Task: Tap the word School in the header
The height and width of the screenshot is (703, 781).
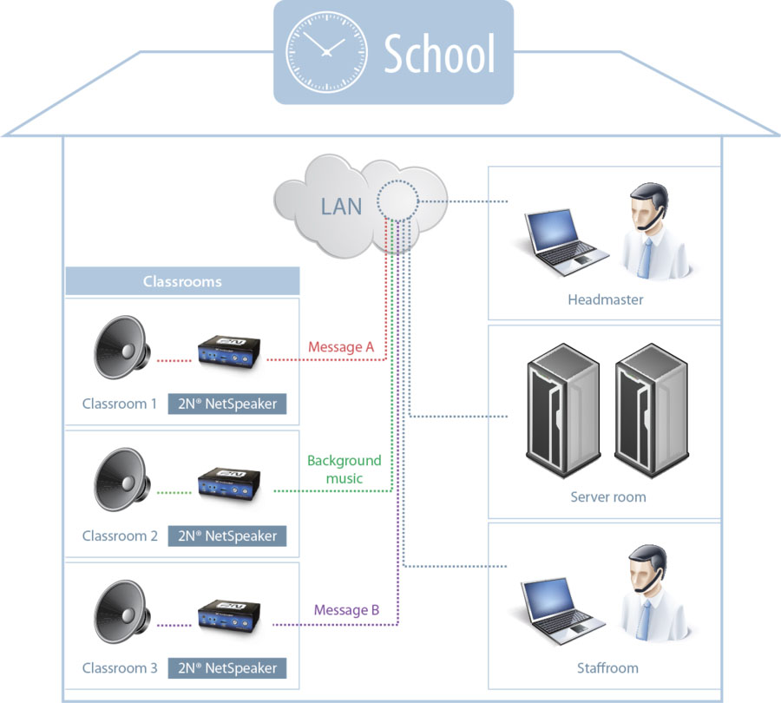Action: [439, 54]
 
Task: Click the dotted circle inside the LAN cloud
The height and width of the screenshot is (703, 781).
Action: [397, 200]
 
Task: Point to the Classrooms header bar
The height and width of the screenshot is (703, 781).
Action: [182, 282]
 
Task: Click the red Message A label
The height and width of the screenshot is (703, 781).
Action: [341, 347]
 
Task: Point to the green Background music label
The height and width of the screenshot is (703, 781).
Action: [345, 470]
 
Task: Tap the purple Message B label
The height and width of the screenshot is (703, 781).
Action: [346, 610]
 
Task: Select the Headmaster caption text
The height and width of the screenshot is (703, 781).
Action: [605, 300]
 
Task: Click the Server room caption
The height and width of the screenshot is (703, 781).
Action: [607, 497]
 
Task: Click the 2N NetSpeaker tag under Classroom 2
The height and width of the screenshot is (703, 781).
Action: [226, 535]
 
